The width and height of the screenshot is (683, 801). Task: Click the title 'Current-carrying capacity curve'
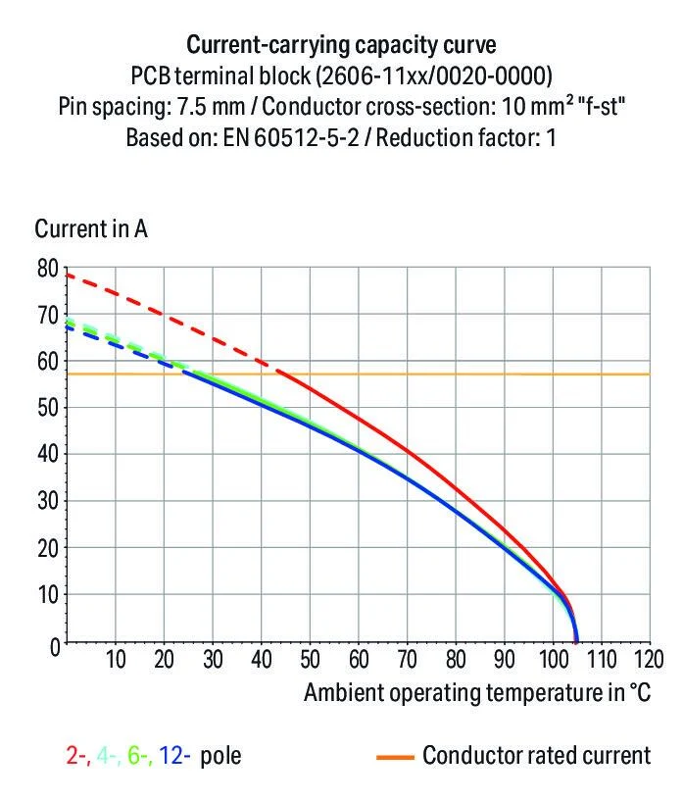tap(341, 45)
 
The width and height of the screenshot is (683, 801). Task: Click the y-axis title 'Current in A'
tap(91, 229)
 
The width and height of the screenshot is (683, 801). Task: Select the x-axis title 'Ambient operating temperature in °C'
tap(476, 692)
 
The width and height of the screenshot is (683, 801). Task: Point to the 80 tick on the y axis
tap(47, 269)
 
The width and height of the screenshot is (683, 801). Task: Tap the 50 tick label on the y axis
tap(47, 408)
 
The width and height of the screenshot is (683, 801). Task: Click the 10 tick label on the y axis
tap(47, 595)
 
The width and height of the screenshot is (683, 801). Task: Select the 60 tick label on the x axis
tap(360, 658)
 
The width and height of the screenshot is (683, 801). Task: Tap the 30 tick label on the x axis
tap(213, 658)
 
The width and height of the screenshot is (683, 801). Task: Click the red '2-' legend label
tap(75, 756)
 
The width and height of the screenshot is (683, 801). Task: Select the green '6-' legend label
tap(138, 756)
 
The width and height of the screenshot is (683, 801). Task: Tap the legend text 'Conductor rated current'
tap(536, 756)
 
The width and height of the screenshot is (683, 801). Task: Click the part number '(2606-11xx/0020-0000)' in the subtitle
tap(448, 75)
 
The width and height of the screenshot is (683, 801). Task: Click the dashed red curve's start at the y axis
tap(67, 274)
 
